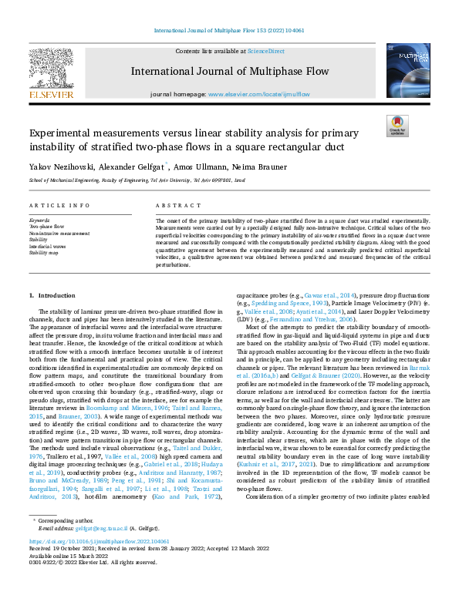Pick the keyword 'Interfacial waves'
[49, 246]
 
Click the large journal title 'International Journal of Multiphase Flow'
[229, 72]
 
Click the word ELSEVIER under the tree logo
[51, 95]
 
